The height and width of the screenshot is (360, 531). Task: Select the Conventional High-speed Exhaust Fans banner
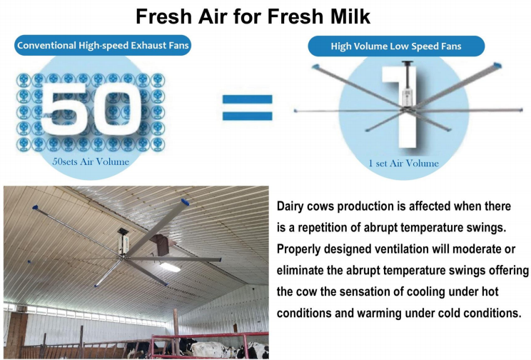tap(103, 46)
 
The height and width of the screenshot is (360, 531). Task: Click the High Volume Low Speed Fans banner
tap(396, 46)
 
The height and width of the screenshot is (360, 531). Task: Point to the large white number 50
tap(91, 107)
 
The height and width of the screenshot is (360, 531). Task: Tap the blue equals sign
tap(247, 107)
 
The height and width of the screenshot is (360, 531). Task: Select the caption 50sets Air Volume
tap(91, 161)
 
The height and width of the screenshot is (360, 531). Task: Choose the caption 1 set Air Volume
tap(403, 164)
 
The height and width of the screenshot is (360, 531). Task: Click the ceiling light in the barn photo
tap(170, 267)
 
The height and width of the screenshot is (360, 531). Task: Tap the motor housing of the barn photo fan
tap(123, 243)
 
